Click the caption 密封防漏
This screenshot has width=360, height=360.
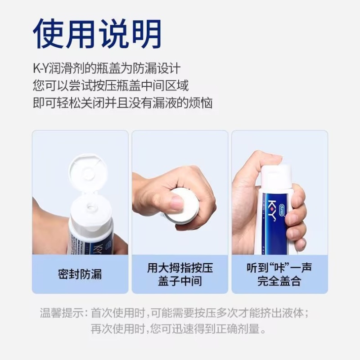click(80, 274)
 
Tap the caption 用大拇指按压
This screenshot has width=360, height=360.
click(180, 268)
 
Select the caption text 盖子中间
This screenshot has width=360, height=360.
click(180, 281)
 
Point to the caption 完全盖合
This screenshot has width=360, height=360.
click(279, 281)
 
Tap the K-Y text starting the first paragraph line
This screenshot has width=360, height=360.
click(40, 68)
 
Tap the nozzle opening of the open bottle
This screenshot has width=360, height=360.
click(91, 208)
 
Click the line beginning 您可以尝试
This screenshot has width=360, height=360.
click(111, 85)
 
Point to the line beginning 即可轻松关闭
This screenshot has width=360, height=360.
click(122, 103)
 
